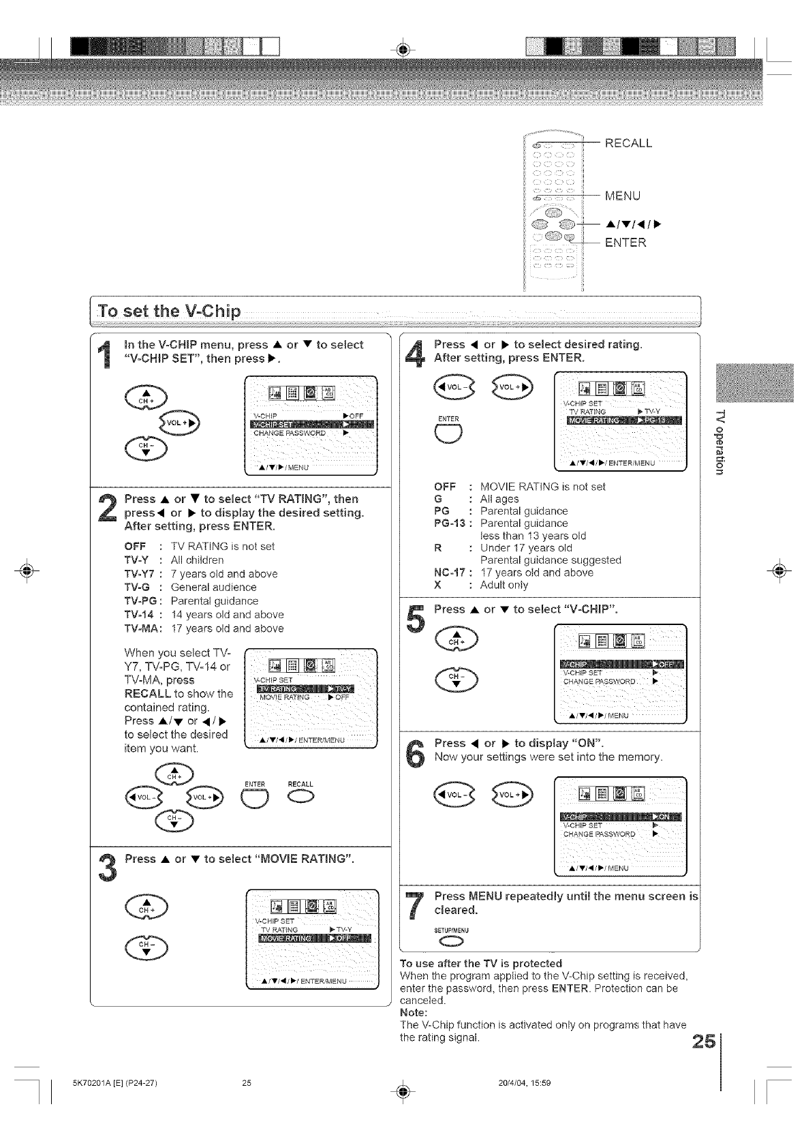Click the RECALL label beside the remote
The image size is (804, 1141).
628,143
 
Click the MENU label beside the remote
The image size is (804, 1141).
623,196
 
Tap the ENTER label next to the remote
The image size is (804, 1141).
625,243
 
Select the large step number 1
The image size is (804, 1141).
106,359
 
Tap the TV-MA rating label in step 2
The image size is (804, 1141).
140,628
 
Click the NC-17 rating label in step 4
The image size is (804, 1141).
449,573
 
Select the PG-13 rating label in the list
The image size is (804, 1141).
450,523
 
